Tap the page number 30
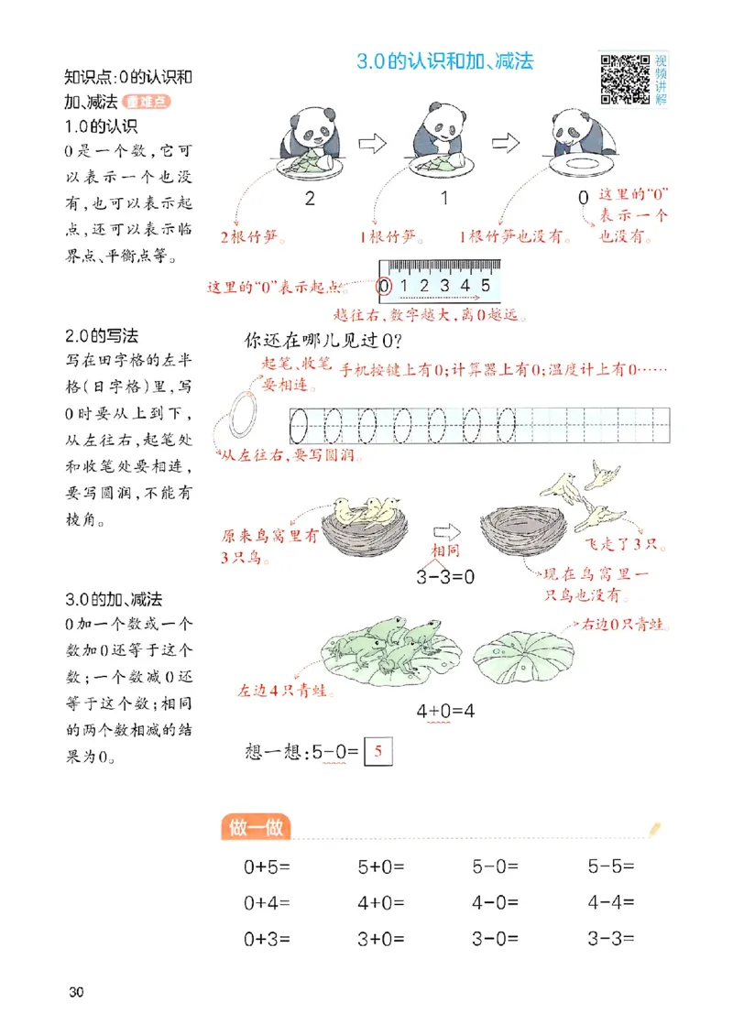75,992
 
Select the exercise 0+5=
267,866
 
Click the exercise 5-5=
611,866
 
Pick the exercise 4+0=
381,902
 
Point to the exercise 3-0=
496,939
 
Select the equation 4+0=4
450,711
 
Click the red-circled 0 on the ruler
385,285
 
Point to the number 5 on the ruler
486,285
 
